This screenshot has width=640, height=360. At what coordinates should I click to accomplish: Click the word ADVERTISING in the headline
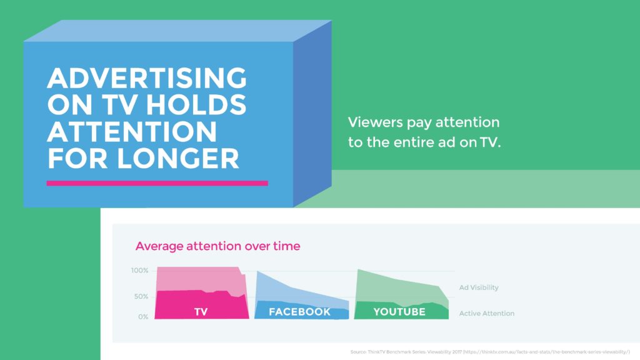coord(147,77)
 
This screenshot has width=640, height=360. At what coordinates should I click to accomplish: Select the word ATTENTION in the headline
coord(132,131)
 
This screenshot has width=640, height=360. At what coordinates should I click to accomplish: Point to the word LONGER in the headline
coord(178,158)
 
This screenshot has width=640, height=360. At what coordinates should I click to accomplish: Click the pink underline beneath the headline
coord(157,183)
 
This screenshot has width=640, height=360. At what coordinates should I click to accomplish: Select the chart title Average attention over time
coord(217,246)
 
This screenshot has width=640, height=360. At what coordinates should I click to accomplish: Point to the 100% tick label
coord(139,271)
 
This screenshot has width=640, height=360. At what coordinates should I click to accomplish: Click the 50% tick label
coord(141,297)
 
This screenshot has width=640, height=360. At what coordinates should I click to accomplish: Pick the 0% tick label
coord(143,317)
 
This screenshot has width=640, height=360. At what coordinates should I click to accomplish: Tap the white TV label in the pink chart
coord(201,312)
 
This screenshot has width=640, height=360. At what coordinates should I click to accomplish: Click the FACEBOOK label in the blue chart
coord(299,312)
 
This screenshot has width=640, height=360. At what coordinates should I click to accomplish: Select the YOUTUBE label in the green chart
coord(399,312)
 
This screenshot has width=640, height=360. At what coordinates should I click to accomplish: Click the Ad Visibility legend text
coord(479,287)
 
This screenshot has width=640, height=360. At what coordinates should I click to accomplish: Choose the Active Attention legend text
coord(486,314)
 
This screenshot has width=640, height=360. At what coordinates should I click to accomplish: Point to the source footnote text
coord(490,352)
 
